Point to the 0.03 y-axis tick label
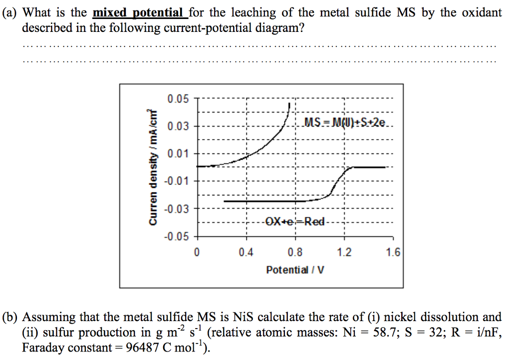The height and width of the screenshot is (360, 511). click(178, 126)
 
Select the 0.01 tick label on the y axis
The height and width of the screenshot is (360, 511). click(178, 153)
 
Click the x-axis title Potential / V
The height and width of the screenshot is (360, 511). click(295, 270)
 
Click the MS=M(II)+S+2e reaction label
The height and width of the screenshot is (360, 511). click(344, 123)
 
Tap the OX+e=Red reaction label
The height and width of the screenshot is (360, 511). click(295, 221)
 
